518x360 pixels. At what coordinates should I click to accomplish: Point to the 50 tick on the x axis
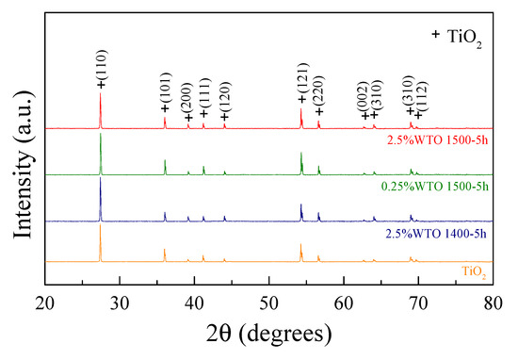[x=269, y=303]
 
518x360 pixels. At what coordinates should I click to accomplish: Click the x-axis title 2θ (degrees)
[x=269, y=335]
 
